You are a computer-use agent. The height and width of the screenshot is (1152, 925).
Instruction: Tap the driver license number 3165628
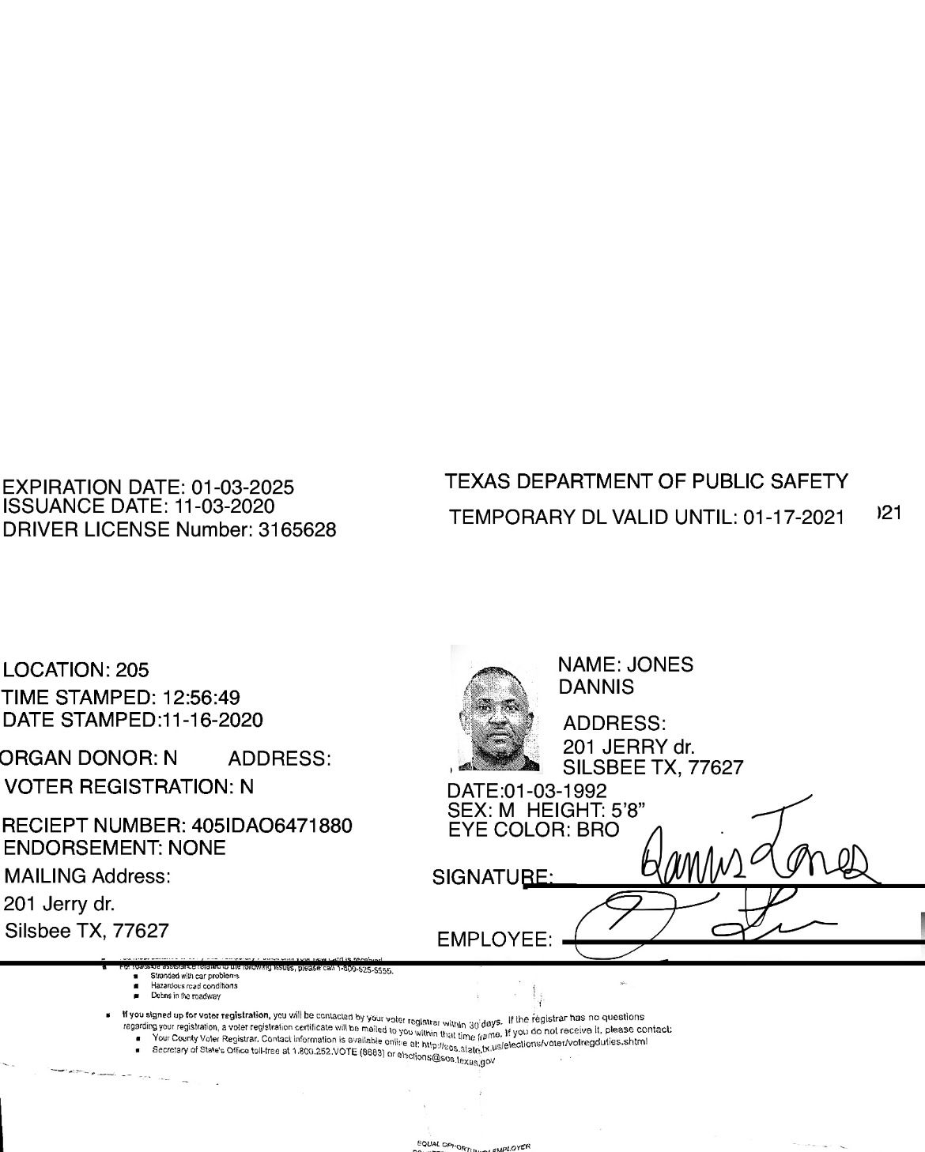(298, 530)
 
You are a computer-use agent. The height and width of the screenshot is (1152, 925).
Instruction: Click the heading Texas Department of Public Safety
(646, 481)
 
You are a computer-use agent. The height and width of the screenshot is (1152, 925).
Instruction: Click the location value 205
(132, 670)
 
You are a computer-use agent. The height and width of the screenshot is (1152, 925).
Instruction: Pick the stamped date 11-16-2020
(212, 720)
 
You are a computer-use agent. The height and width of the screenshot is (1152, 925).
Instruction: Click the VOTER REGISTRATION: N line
(128, 787)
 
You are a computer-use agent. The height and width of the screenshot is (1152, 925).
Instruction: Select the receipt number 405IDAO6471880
(272, 826)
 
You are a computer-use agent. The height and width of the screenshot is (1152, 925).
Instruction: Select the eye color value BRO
(598, 830)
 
